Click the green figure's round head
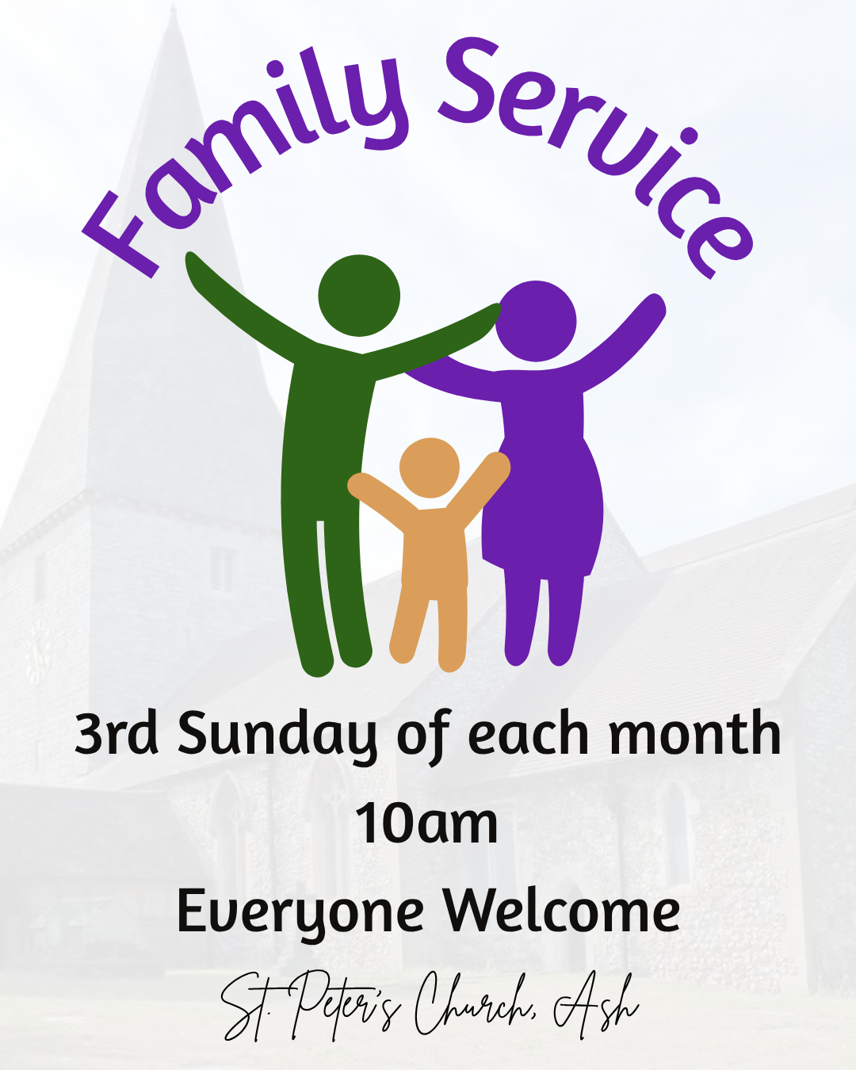(x=359, y=296)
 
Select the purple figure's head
(x=536, y=321)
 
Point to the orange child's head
(x=430, y=468)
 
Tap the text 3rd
(x=116, y=733)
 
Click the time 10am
(x=426, y=823)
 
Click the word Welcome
(x=561, y=910)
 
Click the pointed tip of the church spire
(x=173, y=6)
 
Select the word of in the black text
(x=423, y=736)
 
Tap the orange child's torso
(x=434, y=547)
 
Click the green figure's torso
(x=328, y=438)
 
